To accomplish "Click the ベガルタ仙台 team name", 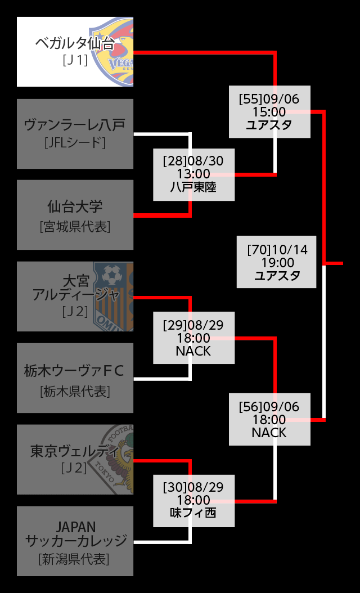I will click(x=74, y=43).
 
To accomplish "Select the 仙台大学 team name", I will click(x=75, y=206).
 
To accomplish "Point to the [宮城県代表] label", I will click(x=75, y=226).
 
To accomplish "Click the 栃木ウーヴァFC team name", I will click(x=74, y=370).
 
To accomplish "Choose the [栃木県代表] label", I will click(x=75, y=392).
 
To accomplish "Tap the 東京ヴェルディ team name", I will click(x=74, y=452).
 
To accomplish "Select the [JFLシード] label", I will click(x=75, y=143).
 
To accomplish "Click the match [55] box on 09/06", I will click(x=269, y=111).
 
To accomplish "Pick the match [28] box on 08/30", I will click(x=193, y=174).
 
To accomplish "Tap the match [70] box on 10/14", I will click(x=277, y=262).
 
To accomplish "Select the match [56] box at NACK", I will click(x=269, y=420).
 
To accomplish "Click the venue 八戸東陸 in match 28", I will click(x=193, y=187).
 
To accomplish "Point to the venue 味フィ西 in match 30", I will click(x=193, y=513).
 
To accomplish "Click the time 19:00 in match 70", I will click(x=277, y=262).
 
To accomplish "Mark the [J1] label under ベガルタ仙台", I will click(x=75, y=60).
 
